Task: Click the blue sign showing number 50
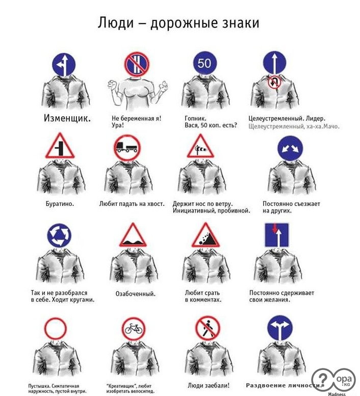[x=205, y=63]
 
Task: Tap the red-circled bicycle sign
[x=134, y=329]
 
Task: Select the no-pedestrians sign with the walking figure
[x=208, y=328]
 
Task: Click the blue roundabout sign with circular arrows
[x=59, y=235]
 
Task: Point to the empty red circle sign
[x=56, y=329]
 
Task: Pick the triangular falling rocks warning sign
[x=205, y=235]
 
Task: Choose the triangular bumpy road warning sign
[x=133, y=235]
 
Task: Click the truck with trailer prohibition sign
[x=127, y=148]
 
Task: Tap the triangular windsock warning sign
[x=200, y=147]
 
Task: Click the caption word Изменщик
[x=67, y=118]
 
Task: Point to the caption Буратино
[x=60, y=204]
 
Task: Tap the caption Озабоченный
[x=136, y=294]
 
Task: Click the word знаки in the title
[x=241, y=23]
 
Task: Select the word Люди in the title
[x=116, y=23]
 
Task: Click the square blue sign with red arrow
[x=277, y=235]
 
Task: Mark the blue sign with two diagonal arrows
[x=290, y=148]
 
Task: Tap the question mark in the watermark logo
[x=323, y=379]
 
